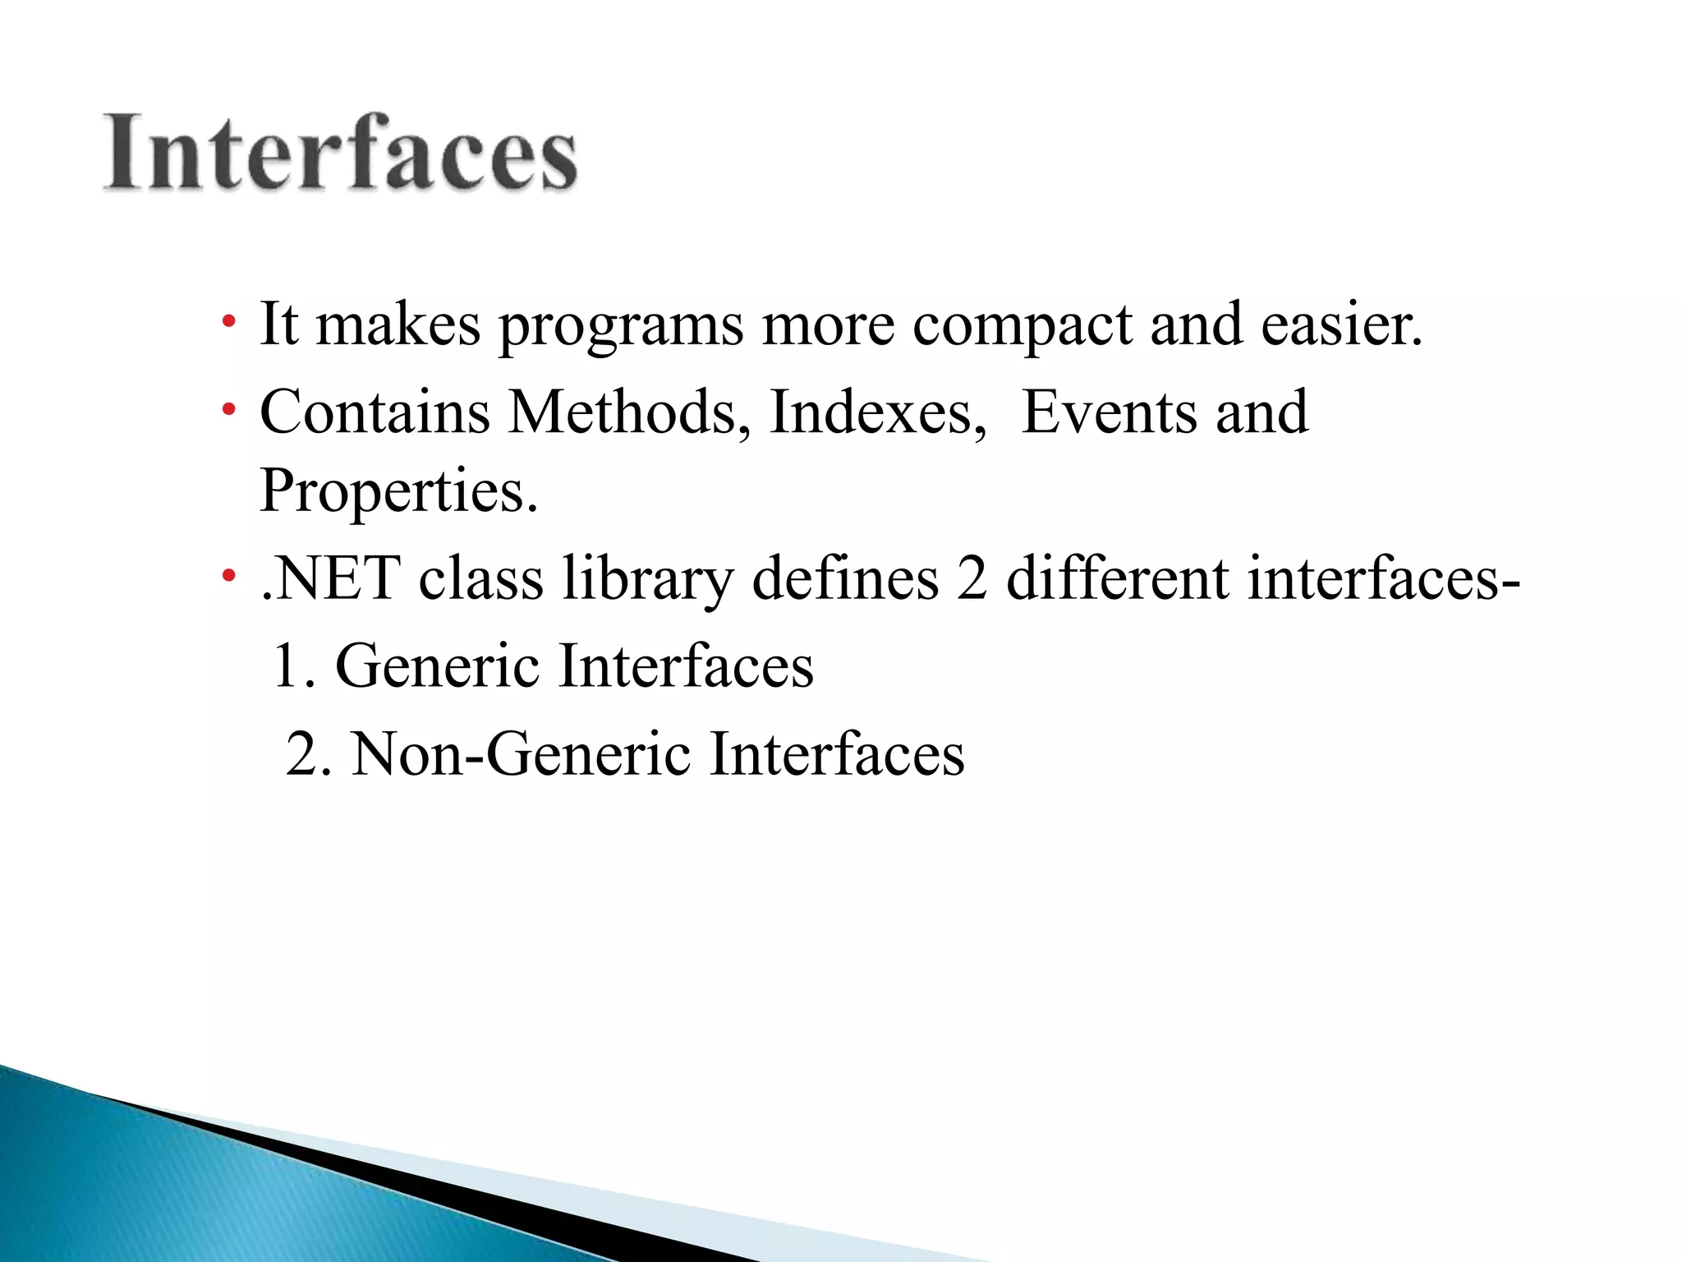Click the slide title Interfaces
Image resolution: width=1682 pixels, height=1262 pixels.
pos(340,153)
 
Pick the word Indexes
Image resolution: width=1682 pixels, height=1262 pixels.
pos(877,412)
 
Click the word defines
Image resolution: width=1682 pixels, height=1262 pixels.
pos(845,578)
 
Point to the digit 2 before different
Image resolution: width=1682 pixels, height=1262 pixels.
pos(972,578)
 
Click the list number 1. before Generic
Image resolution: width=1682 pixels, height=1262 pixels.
pos(293,666)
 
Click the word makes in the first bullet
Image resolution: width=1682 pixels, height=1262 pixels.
pos(398,325)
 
